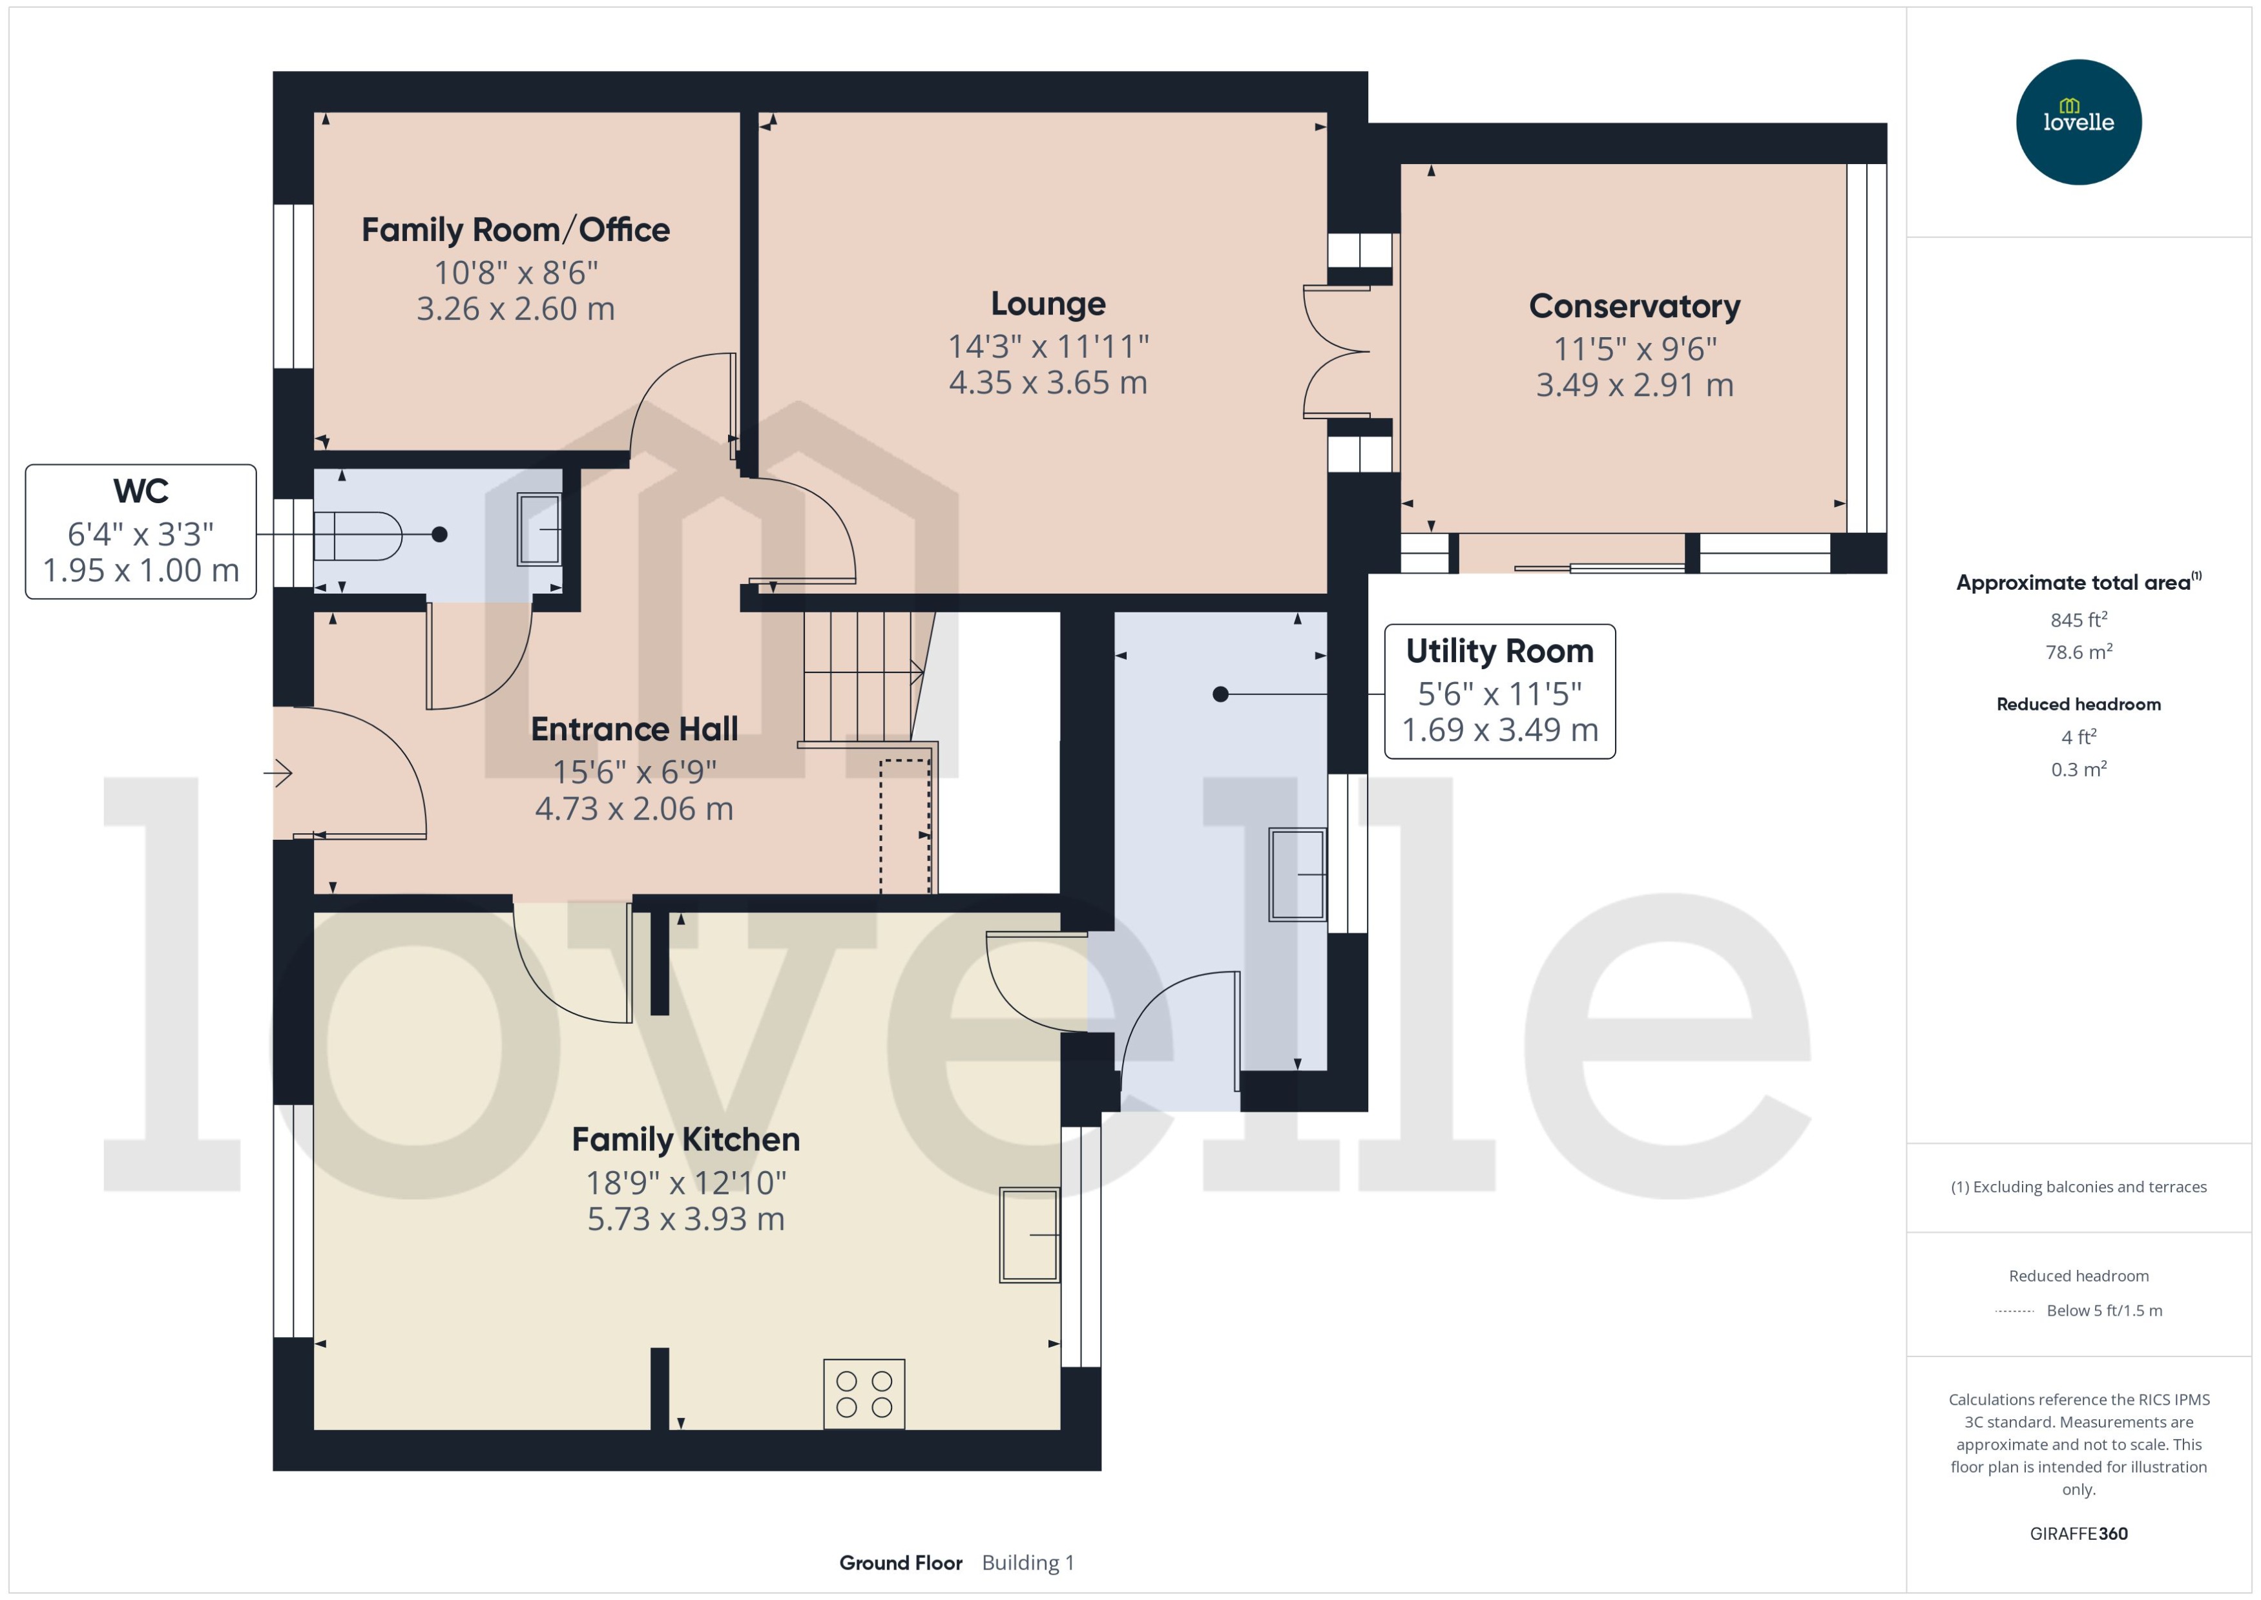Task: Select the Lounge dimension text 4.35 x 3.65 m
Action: [x=1047, y=383]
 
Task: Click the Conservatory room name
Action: [x=1634, y=306]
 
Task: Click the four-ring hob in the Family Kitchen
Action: [x=864, y=1394]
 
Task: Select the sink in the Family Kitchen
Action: [x=1028, y=1234]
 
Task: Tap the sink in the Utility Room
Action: [x=1297, y=874]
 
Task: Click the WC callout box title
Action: [x=141, y=491]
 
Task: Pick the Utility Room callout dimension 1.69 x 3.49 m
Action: [x=1499, y=730]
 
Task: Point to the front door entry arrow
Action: [x=279, y=773]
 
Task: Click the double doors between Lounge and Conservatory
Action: [x=1336, y=352]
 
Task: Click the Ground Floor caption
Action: [x=901, y=1563]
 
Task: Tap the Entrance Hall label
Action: [x=634, y=729]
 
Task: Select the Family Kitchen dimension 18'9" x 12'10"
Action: [x=685, y=1182]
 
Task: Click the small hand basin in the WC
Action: [x=539, y=529]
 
